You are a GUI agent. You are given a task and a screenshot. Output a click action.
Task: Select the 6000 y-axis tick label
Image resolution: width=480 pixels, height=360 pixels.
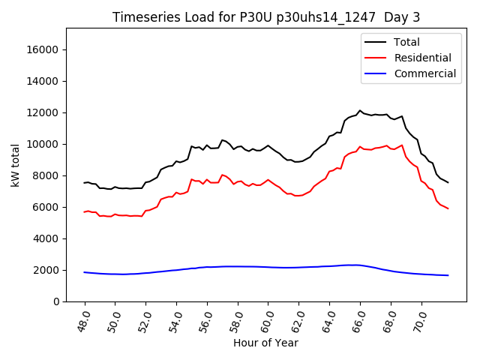[47, 207]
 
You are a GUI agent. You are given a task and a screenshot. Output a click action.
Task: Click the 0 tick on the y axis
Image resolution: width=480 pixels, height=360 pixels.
[57, 301]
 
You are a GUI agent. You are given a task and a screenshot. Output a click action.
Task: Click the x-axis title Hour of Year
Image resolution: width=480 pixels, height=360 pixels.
[265, 343]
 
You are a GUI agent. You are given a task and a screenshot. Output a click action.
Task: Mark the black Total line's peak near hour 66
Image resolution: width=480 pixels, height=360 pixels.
[360, 111]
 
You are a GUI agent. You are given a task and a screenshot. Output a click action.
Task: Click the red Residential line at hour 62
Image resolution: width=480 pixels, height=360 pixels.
[299, 195]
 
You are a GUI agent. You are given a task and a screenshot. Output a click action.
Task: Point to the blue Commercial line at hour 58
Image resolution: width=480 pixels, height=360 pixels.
[238, 266]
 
